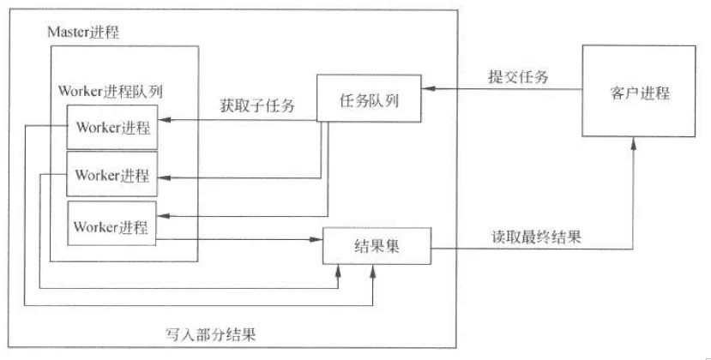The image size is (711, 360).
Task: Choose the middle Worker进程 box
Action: [111, 176]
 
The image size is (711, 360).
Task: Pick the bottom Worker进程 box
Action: [111, 227]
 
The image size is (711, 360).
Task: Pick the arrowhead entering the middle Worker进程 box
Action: [163, 177]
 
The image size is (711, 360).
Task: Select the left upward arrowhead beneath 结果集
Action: [340, 271]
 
